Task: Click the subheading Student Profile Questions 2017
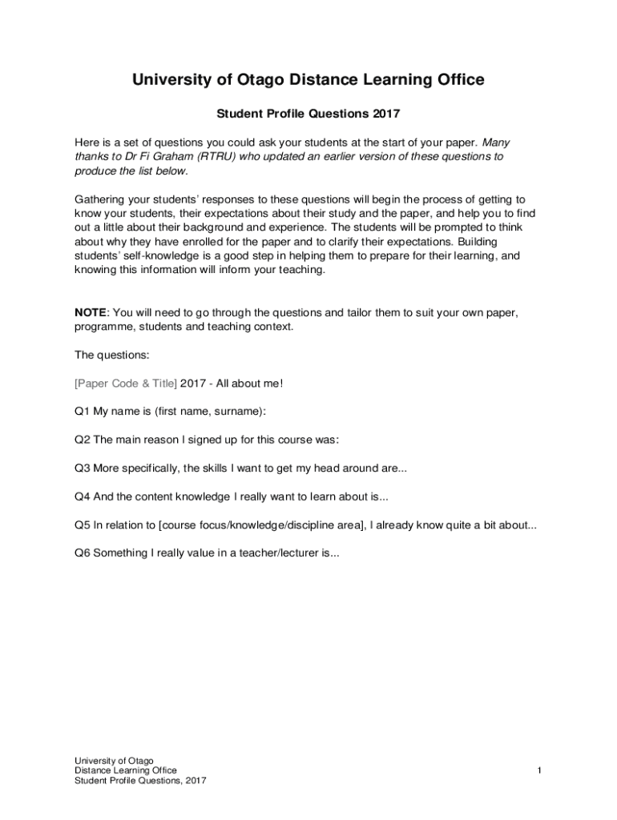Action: coord(308,115)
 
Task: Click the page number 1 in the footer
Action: coord(540,770)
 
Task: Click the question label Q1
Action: coord(83,412)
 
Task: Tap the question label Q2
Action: coord(83,440)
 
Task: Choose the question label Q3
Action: coord(83,468)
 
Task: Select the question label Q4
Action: coord(83,496)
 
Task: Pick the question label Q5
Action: coord(83,525)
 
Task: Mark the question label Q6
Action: coord(83,553)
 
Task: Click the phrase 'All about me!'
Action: coord(250,383)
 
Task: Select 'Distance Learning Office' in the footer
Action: coord(126,770)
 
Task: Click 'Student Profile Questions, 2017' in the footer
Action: coord(140,781)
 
